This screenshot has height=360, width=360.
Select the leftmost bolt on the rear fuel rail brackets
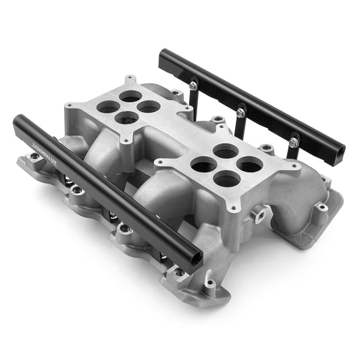pyautogui.click(x=193, y=86)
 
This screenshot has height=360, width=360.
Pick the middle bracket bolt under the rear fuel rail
pyautogui.click(x=240, y=108)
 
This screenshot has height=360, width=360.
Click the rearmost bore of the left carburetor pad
pyautogui.click(x=130, y=97)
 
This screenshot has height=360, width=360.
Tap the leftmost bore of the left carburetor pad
pyautogui.click(x=106, y=107)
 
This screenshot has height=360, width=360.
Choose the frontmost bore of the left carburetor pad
pyautogui.click(x=126, y=118)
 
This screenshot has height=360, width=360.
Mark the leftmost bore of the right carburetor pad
pyautogui.click(x=203, y=163)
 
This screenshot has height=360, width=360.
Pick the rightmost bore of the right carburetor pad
pyautogui.click(x=250, y=163)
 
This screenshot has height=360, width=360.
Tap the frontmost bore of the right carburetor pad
pyautogui.click(x=227, y=178)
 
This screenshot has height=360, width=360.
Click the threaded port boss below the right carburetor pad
pyautogui.click(x=258, y=215)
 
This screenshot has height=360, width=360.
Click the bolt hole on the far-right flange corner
pyautogui.click(x=323, y=207)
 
